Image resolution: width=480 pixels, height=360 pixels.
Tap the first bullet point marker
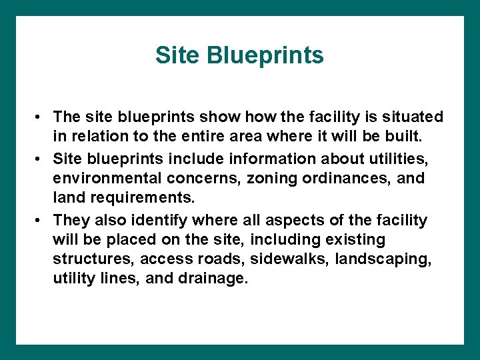pos(41,117)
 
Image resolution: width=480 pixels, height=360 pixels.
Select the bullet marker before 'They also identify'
pos(41,220)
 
